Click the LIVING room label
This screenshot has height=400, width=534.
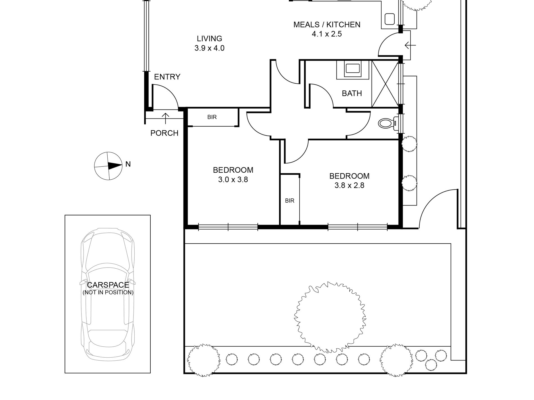tap(209, 38)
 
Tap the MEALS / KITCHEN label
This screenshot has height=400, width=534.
tap(327, 25)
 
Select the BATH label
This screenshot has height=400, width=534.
tap(352, 93)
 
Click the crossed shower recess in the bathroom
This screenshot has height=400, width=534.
tap(386, 84)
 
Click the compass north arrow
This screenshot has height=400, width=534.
tap(115, 166)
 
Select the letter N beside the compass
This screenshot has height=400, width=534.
tap(128, 164)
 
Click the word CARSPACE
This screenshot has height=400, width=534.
tap(108, 285)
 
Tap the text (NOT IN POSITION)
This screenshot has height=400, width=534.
tap(108, 292)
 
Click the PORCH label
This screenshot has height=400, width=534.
tap(164, 133)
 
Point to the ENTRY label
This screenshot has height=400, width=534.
tap(167, 77)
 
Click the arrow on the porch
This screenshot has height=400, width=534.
tap(166, 118)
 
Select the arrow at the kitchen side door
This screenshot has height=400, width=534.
tap(410, 45)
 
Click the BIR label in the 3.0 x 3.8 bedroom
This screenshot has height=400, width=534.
tap(212, 117)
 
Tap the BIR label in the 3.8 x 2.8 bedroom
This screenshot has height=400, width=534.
tap(290, 201)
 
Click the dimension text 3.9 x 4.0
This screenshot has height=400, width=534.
tap(209, 48)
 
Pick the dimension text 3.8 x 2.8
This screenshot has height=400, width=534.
tap(349, 186)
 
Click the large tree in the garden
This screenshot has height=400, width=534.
tap(330, 317)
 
